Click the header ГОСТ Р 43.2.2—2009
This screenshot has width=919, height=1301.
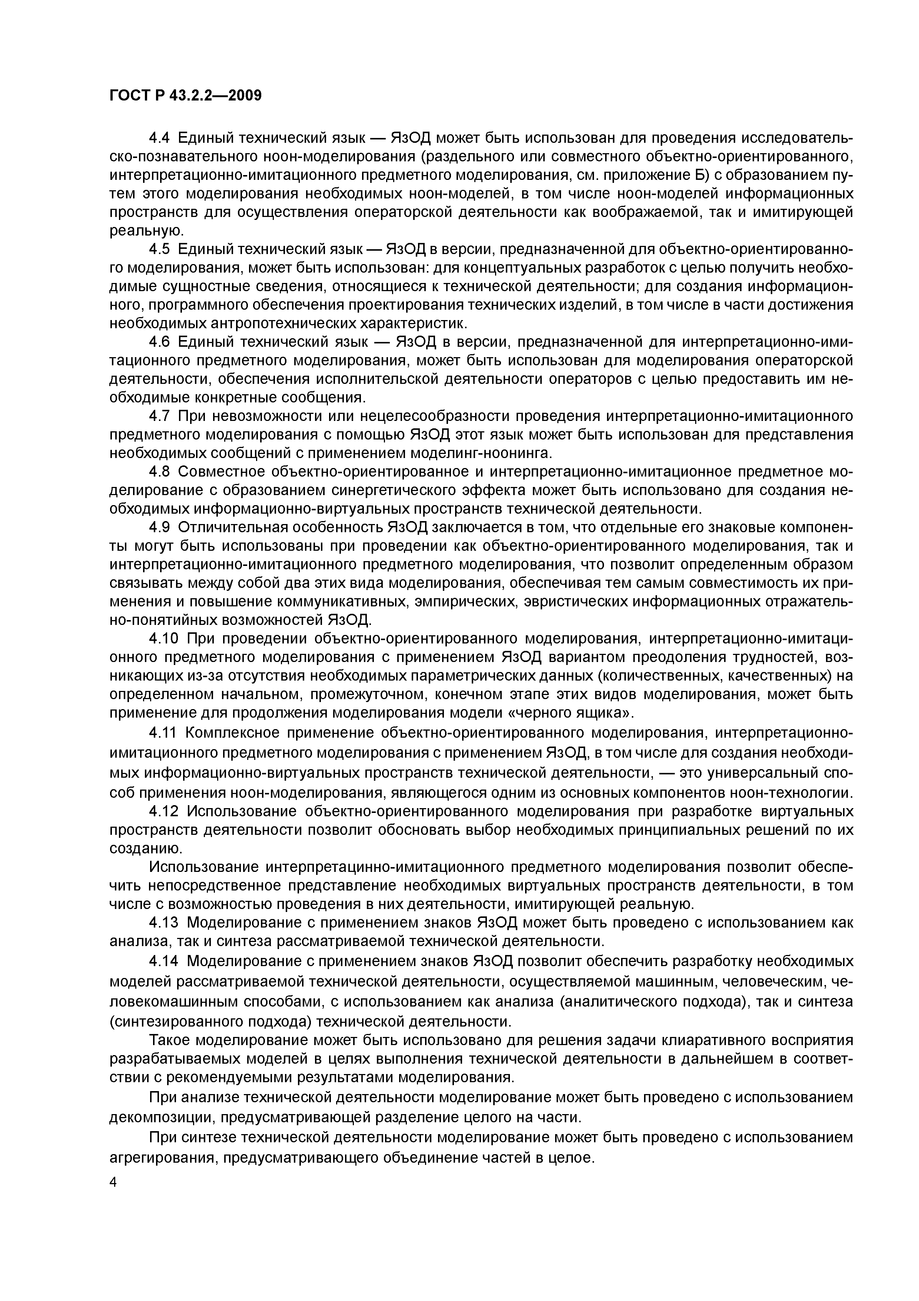185,95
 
